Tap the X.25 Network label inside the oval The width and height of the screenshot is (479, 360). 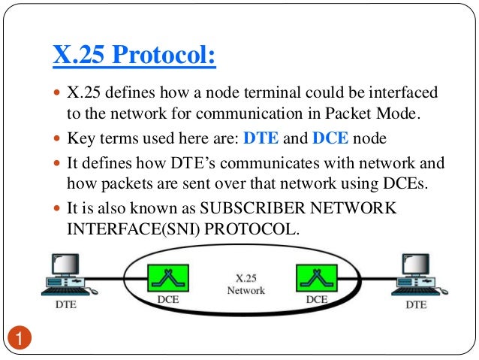coord(246,283)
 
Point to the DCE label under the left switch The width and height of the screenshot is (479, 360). coord(167,299)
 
